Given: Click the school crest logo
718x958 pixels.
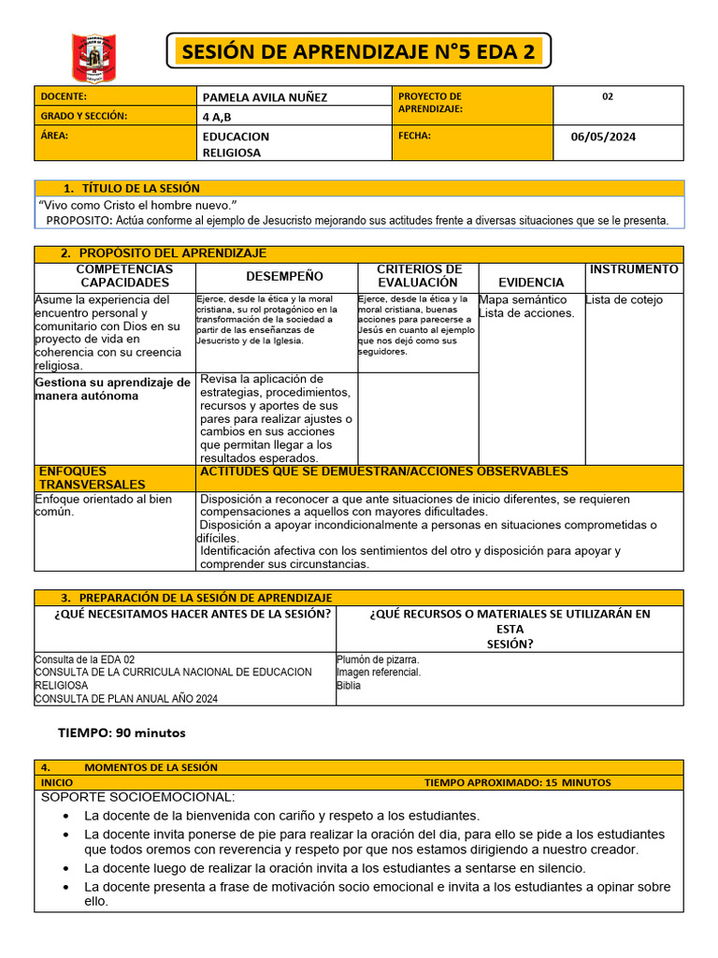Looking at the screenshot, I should pyautogui.click(x=93, y=57).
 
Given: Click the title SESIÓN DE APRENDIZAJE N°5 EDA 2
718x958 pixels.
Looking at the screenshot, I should pyautogui.click(x=358, y=52).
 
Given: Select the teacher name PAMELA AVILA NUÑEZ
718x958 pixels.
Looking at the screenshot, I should pyautogui.click(x=265, y=96).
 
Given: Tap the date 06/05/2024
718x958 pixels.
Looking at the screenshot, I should pyautogui.click(x=603, y=137).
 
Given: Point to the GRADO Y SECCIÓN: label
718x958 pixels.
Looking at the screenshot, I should pyautogui.click(x=83, y=116).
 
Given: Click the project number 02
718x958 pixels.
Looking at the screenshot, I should pyautogui.click(x=608, y=96).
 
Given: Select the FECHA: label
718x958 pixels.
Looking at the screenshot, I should pyautogui.click(x=414, y=136).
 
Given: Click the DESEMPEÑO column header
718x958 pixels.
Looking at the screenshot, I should pyautogui.click(x=284, y=276).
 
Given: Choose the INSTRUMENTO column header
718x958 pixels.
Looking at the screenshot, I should pyautogui.click(x=634, y=269).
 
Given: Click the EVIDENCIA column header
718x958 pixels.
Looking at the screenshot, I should pyautogui.click(x=531, y=282).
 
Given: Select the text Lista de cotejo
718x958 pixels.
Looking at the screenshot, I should pyautogui.click(x=624, y=299).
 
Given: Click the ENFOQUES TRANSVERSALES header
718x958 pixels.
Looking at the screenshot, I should pyautogui.click(x=93, y=478).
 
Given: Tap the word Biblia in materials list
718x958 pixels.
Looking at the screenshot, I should pyautogui.click(x=349, y=686).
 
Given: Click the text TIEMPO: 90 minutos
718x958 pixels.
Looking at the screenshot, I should pyautogui.click(x=122, y=733).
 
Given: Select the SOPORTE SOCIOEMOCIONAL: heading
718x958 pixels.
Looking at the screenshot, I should pyautogui.click(x=137, y=797).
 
